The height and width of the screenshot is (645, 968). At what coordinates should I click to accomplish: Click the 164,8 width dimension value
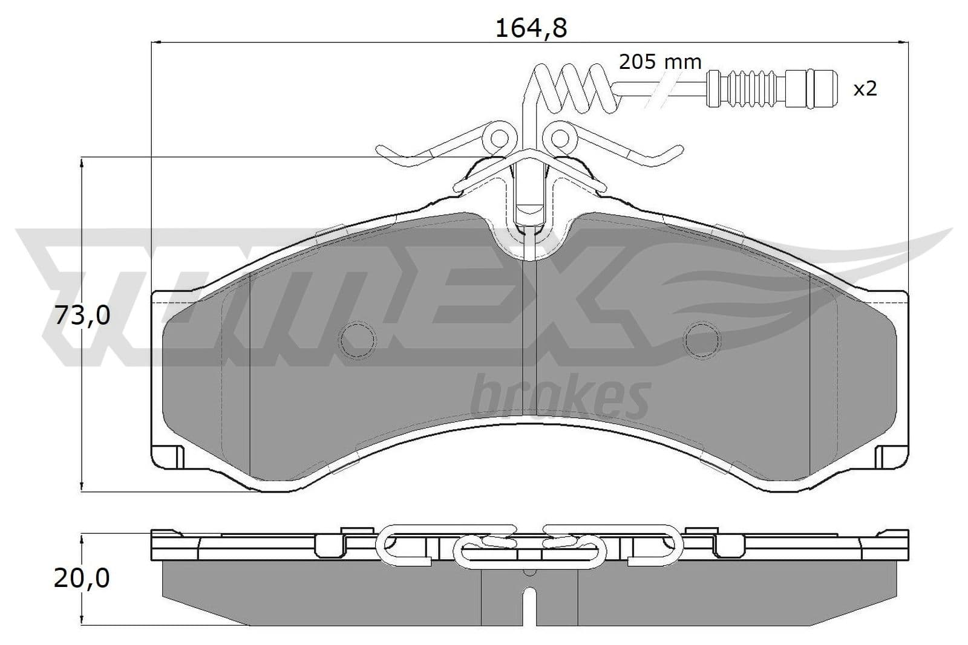pyautogui.click(x=531, y=29)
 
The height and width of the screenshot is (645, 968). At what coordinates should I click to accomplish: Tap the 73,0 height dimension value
pyautogui.click(x=82, y=316)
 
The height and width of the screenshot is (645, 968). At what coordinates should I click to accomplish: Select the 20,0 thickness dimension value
pyautogui.click(x=82, y=578)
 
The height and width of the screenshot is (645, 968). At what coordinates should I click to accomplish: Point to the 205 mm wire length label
pyautogui.click(x=660, y=62)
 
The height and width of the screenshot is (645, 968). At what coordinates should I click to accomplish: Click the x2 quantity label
pyautogui.click(x=865, y=89)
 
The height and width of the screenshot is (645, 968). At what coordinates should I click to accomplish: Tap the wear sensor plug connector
pyautogui.click(x=772, y=88)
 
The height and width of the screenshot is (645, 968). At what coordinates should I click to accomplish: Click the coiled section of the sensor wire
pyautogui.click(x=572, y=88)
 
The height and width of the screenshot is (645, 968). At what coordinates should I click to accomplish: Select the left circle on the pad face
pyautogui.click(x=357, y=340)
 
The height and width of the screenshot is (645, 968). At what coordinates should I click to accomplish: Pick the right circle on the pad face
pyautogui.click(x=702, y=340)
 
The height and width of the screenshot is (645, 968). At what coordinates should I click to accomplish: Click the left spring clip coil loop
pyautogui.click(x=500, y=138)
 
